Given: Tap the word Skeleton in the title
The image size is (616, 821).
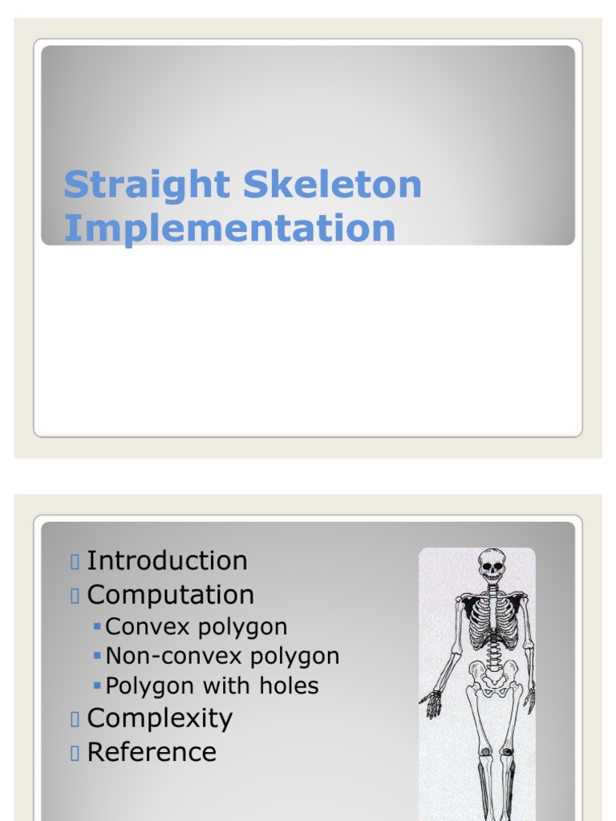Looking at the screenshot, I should [332, 184].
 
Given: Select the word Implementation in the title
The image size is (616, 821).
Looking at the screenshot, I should [229, 228].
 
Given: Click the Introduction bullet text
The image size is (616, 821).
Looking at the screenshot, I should [167, 560].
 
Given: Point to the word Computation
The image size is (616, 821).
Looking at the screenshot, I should [170, 595].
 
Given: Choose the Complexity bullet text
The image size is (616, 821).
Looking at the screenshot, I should [160, 718].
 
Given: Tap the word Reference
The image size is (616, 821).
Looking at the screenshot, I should [152, 752].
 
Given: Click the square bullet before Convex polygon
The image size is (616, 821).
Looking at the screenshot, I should [97, 626].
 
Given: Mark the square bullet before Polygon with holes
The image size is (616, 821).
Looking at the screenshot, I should [97, 686].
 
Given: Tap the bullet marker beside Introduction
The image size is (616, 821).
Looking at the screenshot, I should [75, 561].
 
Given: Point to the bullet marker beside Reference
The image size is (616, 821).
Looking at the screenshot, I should [75, 753].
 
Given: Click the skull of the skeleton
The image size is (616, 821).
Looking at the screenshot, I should [491, 566].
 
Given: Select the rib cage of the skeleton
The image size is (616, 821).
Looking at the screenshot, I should [493, 621].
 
